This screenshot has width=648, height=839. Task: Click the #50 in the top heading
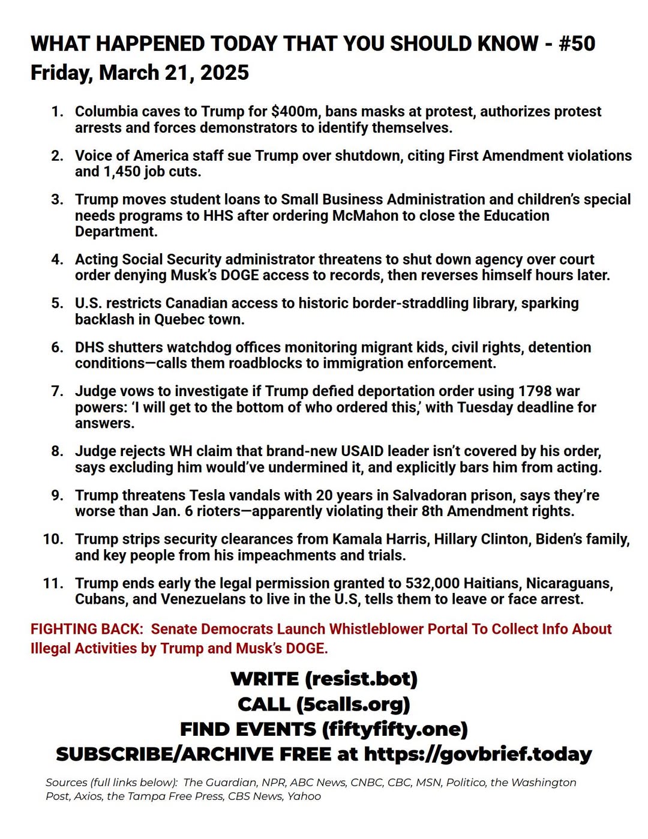pos(577,44)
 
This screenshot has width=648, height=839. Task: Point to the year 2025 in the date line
pos(224,73)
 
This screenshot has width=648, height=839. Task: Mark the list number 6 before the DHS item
pos(56,347)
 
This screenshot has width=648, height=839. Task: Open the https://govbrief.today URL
pos(478,754)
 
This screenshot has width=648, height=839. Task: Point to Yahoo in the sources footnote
pos(304,796)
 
